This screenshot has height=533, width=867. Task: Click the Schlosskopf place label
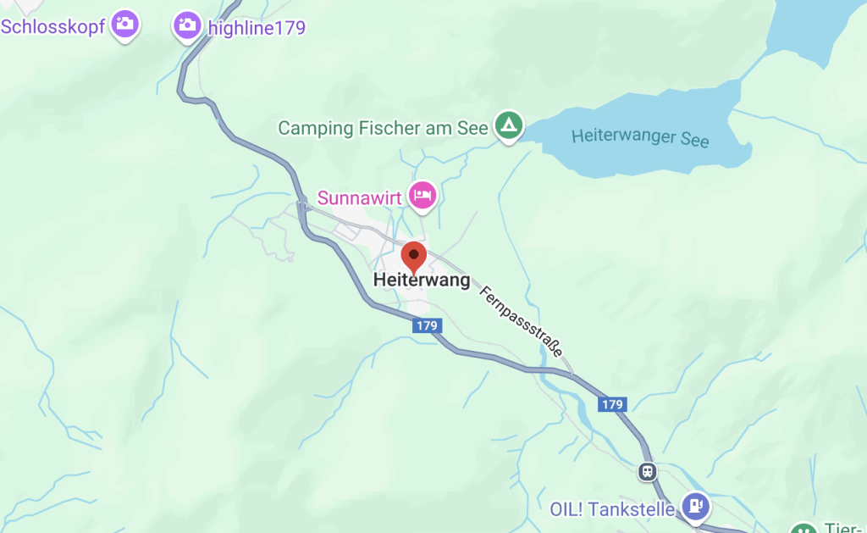52,26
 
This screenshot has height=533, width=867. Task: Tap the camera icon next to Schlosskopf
126,24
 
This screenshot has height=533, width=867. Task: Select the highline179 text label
256,28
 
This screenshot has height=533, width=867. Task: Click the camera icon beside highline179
187,25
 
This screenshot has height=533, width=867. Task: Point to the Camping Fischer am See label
383,128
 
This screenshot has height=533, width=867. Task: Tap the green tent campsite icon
508,126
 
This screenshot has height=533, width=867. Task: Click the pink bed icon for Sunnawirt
422,196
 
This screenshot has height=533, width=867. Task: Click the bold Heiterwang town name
421,280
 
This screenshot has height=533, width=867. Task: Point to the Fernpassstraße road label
521,321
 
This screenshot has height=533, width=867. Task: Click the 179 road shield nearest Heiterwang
427,325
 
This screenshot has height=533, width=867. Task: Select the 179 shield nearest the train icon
612,405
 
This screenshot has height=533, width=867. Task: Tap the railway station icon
647,470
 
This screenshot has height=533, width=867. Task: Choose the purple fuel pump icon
696,507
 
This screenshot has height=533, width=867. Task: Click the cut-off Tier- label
843,526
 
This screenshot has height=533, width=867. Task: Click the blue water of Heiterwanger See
643,110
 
